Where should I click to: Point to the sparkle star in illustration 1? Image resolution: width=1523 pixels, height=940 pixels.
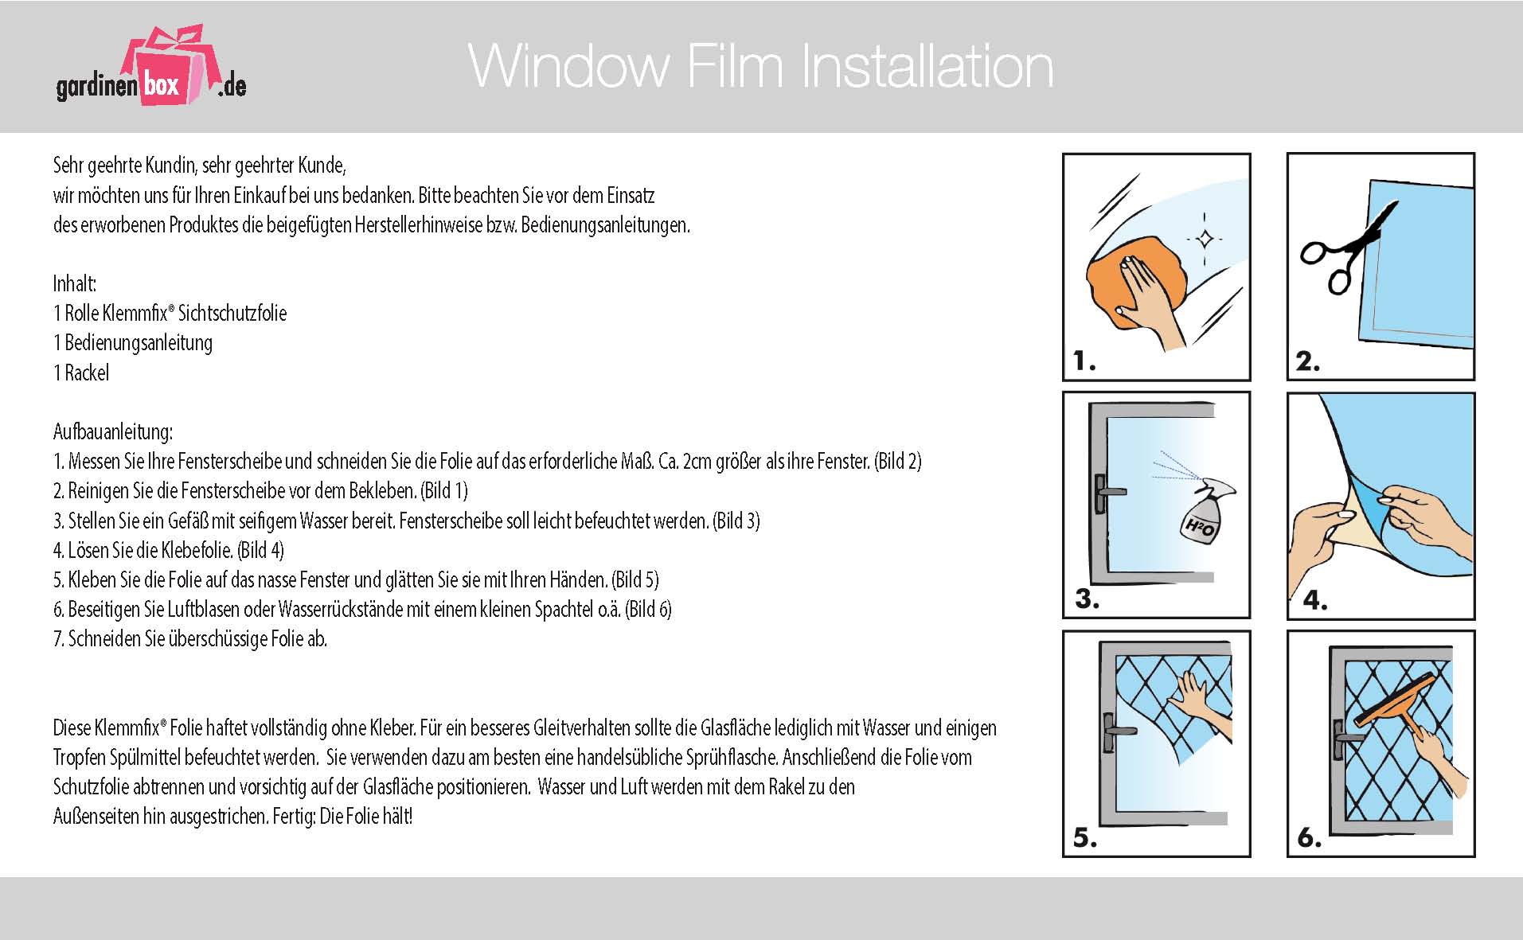(x=1205, y=238)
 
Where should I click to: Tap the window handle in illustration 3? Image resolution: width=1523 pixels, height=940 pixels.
(x=1105, y=493)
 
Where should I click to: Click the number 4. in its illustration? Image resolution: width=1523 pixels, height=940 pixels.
(x=1314, y=600)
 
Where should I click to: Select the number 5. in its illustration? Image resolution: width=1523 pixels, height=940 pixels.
(x=1085, y=837)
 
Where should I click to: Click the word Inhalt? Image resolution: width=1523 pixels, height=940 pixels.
(x=75, y=284)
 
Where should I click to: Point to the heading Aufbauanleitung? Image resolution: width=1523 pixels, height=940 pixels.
(x=112, y=432)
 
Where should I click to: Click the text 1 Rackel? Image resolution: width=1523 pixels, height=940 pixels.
(x=81, y=372)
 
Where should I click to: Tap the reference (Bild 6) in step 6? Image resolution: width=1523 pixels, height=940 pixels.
(x=648, y=610)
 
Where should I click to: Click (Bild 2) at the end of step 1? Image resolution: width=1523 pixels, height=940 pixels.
(x=897, y=462)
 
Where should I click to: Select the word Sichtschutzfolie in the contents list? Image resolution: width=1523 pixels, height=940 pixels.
(x=232, y=314)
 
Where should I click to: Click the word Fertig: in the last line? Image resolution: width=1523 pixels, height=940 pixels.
(x=294, y=817)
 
